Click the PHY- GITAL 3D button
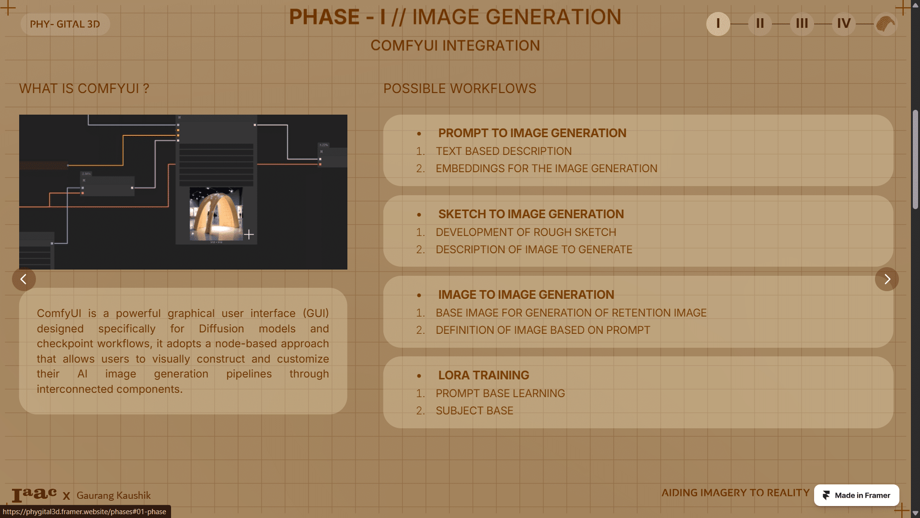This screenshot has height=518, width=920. click(x=65, y=24)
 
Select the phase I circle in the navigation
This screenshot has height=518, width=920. click(x=718, y=24)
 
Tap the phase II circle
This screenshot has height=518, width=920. click(x=760, y=24)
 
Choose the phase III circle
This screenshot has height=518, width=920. click(x=802, y=24)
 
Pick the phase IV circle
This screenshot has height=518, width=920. click(x=844, y=24)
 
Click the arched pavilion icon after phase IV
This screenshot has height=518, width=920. click(x=885, y=24)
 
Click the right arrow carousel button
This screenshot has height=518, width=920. click(x=887, y=279)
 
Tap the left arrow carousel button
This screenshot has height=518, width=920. click(x=24, y=279)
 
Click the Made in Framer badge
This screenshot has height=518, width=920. click(x=857, y=495)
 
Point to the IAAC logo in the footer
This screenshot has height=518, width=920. click(x=34, y=494)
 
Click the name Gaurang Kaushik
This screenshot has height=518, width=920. click(x=114, y=495)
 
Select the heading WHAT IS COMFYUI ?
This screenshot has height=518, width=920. click(x=84, y=89)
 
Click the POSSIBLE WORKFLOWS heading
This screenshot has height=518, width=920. click(x=460, y=89)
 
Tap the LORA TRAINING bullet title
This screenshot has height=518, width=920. click(x=484, y=375)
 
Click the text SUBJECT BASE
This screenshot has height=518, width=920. click(x=474, y=411)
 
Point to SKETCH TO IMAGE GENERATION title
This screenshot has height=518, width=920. click(x=531, y=214)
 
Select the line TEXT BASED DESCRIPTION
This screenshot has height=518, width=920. click(x=504, y=151)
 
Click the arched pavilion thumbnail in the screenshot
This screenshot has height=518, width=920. click(x=216, y=214)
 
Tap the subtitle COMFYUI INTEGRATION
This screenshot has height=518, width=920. click(x=455, y=46)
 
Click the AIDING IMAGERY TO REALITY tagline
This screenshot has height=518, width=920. click(x=736, y=493)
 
